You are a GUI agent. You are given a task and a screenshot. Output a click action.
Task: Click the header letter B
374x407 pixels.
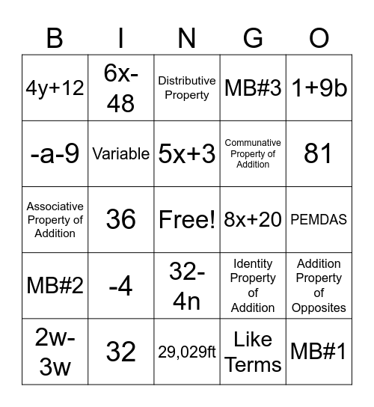[x=55, y=37]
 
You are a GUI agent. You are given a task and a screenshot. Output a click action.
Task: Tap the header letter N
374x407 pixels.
[x=187, y=37]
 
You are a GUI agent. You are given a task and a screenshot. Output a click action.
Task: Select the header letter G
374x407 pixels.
[x=253, y=37]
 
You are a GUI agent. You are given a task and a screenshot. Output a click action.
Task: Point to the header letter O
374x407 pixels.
[x=319, y=37]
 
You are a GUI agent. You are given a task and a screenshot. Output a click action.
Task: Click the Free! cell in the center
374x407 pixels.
[x=187, y=219]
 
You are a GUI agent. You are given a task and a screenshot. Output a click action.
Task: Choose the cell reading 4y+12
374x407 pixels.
[x=55, y=88]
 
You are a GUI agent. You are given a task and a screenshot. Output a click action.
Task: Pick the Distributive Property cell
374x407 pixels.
[x=187, y=88]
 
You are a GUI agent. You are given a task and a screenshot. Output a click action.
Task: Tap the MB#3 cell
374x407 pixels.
[x=253, y=88]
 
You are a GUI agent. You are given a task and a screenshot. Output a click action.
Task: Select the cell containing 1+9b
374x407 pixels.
[x=319, y=88]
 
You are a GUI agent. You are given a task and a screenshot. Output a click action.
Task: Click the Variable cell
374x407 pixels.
[x=120, y=153]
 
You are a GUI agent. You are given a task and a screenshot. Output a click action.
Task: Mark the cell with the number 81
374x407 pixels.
[x=319, y=153]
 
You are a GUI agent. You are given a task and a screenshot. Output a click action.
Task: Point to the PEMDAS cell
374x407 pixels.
[x=319, y=219]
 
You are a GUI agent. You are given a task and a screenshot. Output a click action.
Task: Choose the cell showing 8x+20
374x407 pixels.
[x=253, y=219]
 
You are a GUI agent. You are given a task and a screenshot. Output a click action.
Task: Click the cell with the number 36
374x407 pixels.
[x=120, y=219]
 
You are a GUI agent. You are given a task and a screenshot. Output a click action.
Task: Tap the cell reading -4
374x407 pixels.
[x=120, y=285]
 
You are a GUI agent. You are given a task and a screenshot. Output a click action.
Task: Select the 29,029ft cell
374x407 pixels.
[x=187, y=351]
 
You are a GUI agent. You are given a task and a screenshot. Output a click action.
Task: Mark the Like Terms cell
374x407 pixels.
[x=253, y=351]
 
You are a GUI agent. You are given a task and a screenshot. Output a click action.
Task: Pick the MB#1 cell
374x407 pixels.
[x=319, y=351]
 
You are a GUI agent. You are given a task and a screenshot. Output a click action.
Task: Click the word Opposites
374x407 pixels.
[x=319, y=307]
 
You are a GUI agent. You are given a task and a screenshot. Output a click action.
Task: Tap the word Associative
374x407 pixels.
[x=55, y=206]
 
